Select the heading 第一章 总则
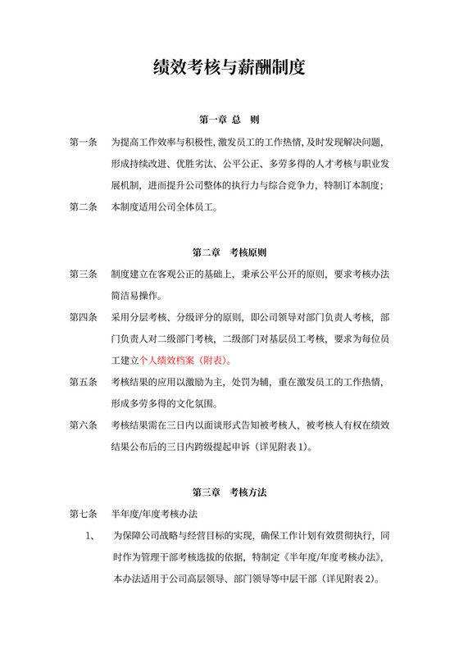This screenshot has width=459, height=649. pyautogui.click(x=229, y=120)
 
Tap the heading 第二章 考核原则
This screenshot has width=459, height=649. pyautogui.click(x=229, y=252)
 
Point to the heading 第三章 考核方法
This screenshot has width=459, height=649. pyautogui.click(x=229, y=492)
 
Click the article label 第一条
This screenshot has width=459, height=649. pyautogui.click(x=83, y=143)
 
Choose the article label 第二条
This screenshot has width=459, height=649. pyautogui.click(x=83, y=207)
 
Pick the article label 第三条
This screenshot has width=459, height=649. pyautogui.click(x=83, y=274)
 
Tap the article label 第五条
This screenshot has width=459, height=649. pyautogui.click(x=83, y=382)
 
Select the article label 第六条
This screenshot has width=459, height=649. pyautogui.click(x=83, y=426)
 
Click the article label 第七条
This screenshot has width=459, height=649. pyautogui.click(x=83, y=514)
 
